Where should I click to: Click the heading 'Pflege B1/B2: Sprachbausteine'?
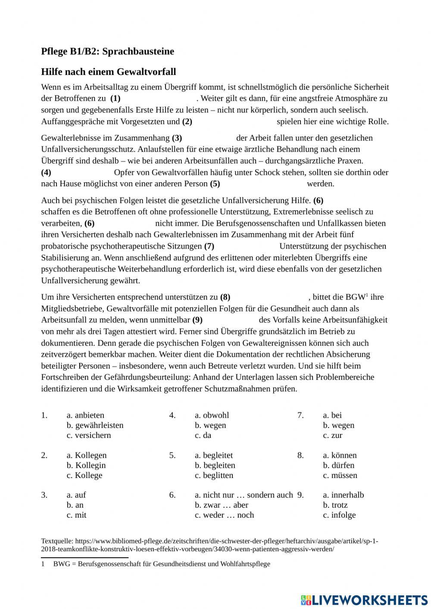(107, 51)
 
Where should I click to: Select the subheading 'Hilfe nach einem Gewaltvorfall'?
(108, 72)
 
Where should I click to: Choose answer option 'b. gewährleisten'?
(95, 425)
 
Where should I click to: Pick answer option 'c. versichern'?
(89, 435)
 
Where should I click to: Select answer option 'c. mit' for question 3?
(76, 515)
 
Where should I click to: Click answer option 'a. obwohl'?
(212, 415)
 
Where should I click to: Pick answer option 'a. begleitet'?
(214, 456)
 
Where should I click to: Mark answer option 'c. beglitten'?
(214, 475)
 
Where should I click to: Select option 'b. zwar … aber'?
(221, 505)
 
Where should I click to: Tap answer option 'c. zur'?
(332, 435)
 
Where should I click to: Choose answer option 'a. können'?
(340, 456)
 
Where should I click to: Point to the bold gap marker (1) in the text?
(115, 98)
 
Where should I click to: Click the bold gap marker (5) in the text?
(215, 184)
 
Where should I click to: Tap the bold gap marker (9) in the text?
(197, 320)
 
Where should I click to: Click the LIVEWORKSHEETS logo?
(364, 600)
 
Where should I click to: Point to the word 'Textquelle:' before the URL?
(57, 541)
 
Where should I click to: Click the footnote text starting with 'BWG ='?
(162, 564)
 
